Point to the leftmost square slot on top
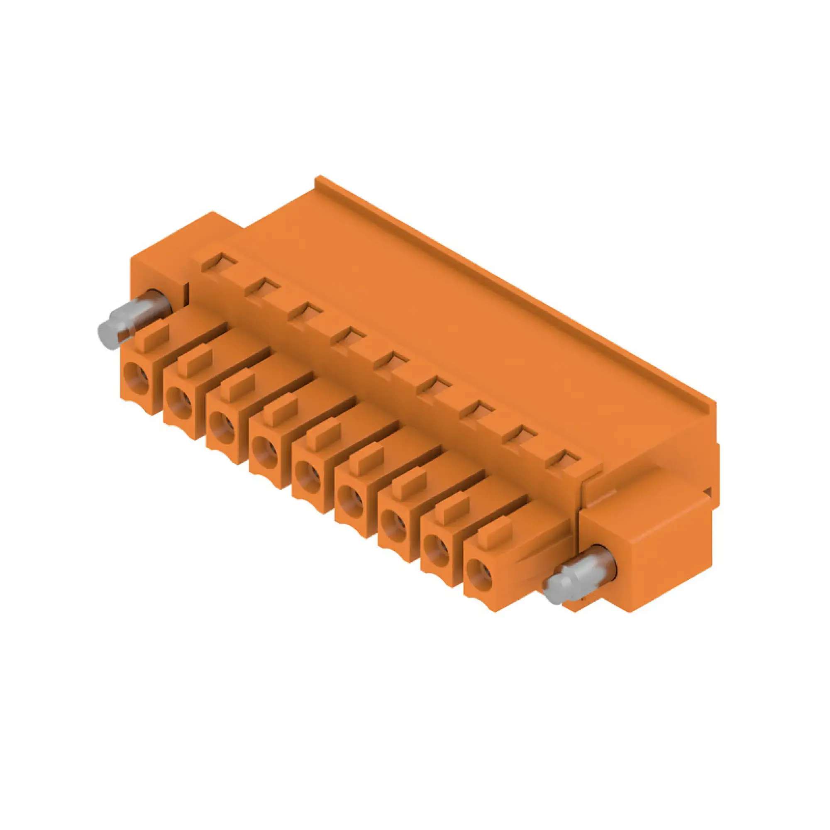coord(219,261)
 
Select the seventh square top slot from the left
coord(477,410)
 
